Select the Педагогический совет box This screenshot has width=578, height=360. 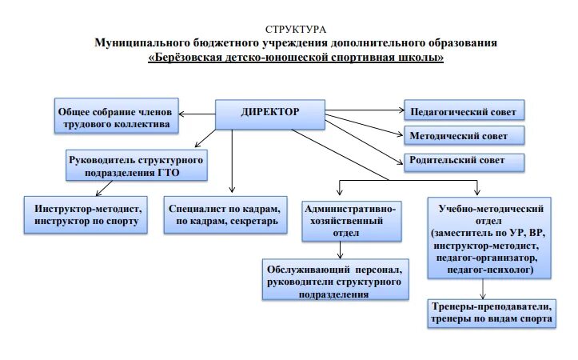point(463,111)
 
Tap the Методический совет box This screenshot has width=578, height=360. point(463,135)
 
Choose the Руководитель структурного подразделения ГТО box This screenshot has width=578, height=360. point(134,166)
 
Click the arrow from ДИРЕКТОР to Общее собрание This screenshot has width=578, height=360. point(198,111)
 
